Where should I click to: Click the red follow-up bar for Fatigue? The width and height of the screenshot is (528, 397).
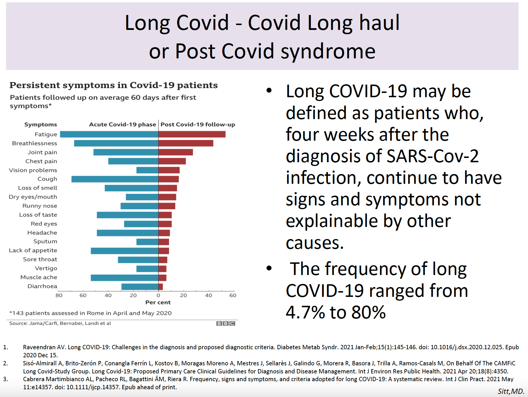[192, 134]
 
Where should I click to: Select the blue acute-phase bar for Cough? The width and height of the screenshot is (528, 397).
[115, 179]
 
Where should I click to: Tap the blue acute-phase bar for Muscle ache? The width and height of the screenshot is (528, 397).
[124, 278]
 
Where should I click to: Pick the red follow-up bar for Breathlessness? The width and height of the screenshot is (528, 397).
[186, 143]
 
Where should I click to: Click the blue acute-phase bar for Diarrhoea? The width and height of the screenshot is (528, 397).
[140, 287]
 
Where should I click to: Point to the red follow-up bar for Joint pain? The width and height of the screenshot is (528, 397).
[175, 152]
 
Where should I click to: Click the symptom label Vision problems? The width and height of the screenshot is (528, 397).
[33, 170]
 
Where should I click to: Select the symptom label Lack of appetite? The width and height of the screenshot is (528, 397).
[33, 250]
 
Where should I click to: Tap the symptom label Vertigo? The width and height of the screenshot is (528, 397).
[46, 268]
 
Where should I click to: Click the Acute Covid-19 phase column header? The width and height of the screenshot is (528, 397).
[123, 125]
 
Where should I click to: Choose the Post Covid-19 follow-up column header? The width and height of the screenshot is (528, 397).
[198, 125]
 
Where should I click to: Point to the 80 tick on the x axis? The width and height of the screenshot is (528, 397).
[59, 295]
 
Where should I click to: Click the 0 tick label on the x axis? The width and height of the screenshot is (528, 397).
[158, 295]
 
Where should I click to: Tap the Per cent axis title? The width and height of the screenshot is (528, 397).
[158, 302]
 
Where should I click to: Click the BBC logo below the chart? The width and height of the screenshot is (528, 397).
[226, 323]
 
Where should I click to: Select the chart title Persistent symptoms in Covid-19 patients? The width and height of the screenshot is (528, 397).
[114, 85]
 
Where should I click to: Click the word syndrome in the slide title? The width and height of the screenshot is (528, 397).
[328, 51]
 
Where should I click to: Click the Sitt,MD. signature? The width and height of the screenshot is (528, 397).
[511, 391]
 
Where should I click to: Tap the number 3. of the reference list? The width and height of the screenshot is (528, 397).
[5, 379]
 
